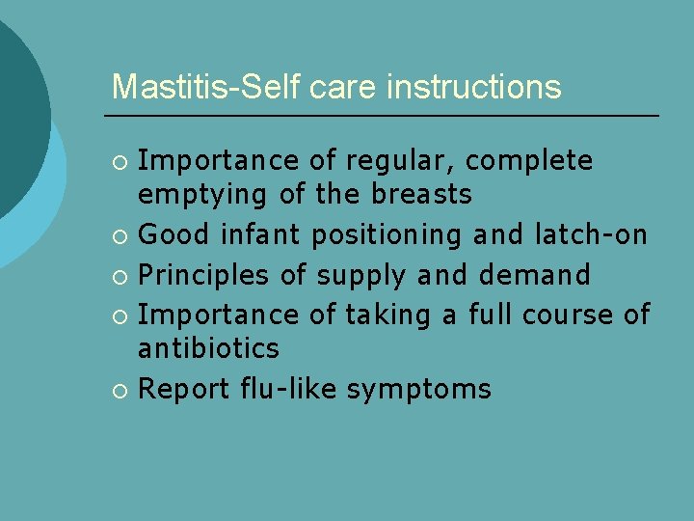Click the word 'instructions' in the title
point(473,87)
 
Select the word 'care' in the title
point(343,87)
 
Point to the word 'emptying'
point(202,194)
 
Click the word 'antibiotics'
point(208,347)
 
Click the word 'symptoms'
point(418,389)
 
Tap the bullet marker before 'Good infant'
point(120,235)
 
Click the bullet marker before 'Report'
point(120,390)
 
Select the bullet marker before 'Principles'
point(120,276)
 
